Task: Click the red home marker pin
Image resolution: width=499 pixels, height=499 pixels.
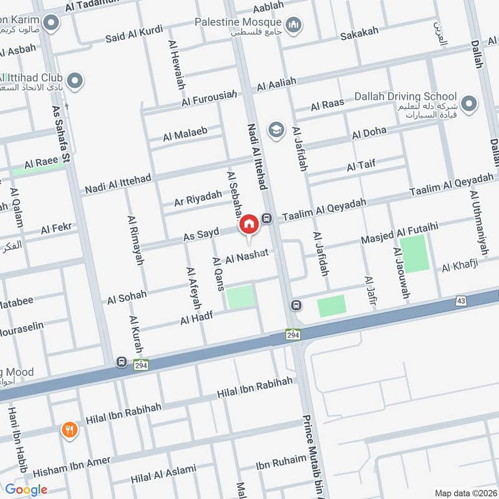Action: [x=249, y=224]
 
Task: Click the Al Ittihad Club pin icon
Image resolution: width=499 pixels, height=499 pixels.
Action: [x=75, y=81]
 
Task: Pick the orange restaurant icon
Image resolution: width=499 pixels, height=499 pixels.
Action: [x=69, y=430]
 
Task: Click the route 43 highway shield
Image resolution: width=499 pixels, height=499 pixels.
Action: [x=461, y=301]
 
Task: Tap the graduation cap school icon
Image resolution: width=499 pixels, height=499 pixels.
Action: [x=275, y=130]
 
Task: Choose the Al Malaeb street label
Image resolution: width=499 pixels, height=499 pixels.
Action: [x=185, y=133]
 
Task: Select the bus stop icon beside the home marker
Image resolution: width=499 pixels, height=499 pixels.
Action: [x=267, y=218]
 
